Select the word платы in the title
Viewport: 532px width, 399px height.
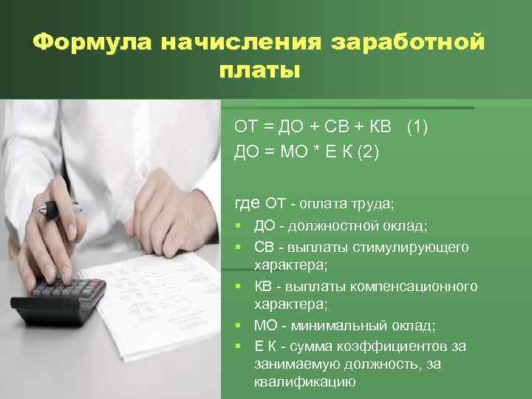pyautogui.click(x=259, y=72)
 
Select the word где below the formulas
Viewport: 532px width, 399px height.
pyautogui.click(x=247, y=202)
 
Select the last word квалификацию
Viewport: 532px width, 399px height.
pyautogui.click(x=304, y=382)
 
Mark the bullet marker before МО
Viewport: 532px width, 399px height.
pyautogui.click(x=239, y=326)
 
